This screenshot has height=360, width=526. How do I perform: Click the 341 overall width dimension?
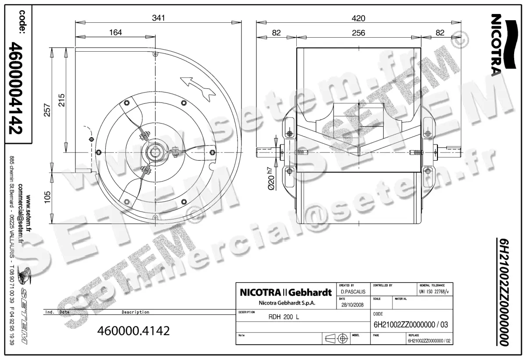point(158,18)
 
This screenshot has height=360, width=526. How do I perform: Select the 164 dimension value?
point(115,32)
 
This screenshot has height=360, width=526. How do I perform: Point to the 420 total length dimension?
point(358,18)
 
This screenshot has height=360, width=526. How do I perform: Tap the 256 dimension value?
point(358,32)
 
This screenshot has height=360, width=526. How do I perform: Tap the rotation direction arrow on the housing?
point(197,86)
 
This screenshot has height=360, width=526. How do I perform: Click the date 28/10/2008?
point(352,305)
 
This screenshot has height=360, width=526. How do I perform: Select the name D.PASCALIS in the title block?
point(352,291)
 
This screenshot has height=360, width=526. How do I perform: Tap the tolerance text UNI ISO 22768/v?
point(434,291)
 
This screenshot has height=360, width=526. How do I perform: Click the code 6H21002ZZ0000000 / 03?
point(410,325)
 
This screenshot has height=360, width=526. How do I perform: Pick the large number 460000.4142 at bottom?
point(133,330)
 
